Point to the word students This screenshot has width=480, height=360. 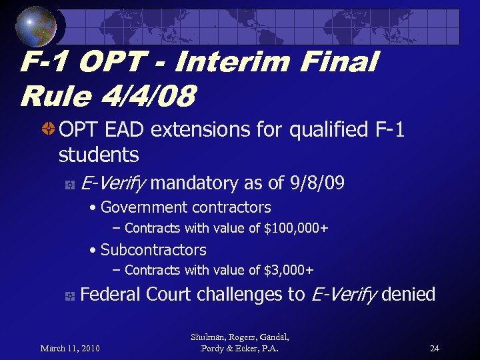(99, 155)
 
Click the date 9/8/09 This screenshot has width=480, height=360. (318, 183)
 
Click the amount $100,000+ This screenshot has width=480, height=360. (297, 229)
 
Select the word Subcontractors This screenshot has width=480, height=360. (153, 250)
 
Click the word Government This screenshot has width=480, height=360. (139, 207)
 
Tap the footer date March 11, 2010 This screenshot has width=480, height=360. (70, 348)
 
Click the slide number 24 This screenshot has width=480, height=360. (435, 348)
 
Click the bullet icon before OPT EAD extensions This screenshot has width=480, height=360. (49, 129)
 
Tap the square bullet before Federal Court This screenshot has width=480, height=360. (69, 295)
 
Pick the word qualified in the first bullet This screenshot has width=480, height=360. (326, 129)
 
